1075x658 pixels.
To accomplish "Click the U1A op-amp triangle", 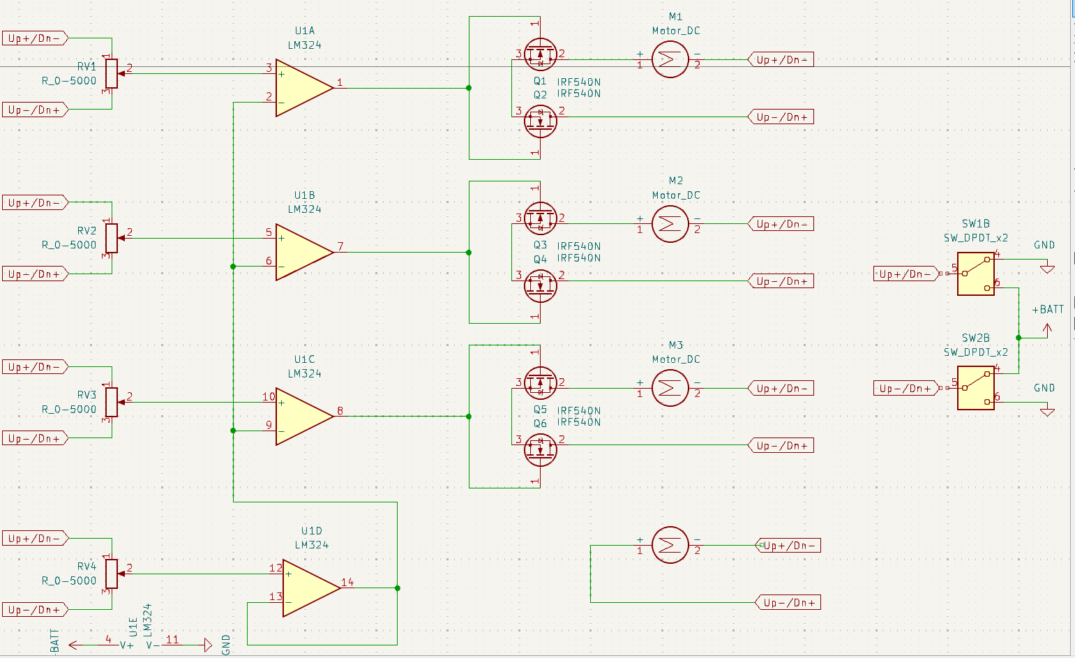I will (x=301, y=88).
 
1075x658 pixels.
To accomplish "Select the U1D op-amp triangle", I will (x=308, y=588).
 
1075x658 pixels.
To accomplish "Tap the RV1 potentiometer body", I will (x=112, y=73).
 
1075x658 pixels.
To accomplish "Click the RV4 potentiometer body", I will (x=112, y=574).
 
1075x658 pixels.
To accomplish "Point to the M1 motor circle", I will (x=670, y=59).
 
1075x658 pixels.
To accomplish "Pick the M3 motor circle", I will (x=670, y=388).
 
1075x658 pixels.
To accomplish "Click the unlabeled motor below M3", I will (x=670, y=545).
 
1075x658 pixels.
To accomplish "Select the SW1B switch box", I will (x=975, y=274).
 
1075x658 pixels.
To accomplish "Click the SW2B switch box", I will (x=975, y=388).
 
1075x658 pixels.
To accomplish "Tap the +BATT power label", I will (x=1048, y=309).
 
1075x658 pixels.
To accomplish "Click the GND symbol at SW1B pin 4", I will (x=1046, y=268).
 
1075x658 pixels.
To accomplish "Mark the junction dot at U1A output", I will (x=469, y=88).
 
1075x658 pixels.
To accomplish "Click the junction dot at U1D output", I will (x=398, y=588).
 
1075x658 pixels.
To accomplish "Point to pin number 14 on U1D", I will (x=347, y=582).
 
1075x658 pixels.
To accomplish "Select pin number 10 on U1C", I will (x=269, y=396).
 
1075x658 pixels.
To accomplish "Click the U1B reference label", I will (x=304, y=195).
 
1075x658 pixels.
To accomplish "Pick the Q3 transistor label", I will (x=540, y=246).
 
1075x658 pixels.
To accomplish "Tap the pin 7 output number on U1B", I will (x=340, y=246).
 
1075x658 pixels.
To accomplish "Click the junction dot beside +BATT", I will (x=1018, y=338).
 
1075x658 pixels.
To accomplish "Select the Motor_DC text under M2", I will (x=675, y=195).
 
